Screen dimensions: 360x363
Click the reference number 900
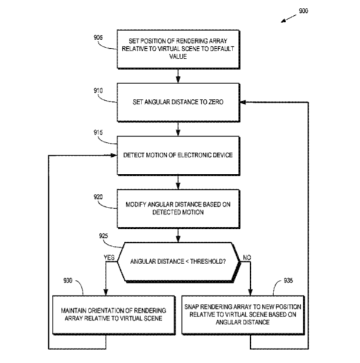point(303,11)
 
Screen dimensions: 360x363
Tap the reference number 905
point(98,37)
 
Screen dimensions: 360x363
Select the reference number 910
point(98,91)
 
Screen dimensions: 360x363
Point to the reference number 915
point(98,132)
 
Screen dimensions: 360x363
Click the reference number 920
point(98,197)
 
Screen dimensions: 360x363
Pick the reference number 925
point(104,236)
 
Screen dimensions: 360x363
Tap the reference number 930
point(68,281)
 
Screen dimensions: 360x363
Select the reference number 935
point(288,281)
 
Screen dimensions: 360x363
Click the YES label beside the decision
point(109,257)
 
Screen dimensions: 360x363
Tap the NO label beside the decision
point(247,257)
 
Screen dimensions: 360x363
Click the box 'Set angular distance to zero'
point(178,102)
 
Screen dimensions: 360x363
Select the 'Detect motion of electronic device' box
point(178,156)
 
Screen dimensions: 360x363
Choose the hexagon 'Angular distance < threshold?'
point(179,262)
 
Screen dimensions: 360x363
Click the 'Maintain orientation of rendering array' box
point(113,315)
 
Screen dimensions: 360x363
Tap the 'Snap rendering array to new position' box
point(243,315)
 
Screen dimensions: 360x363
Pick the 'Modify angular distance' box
point(178,209)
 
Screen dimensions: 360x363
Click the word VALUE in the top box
point(178,57)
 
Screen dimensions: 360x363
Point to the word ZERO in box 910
point(216,102)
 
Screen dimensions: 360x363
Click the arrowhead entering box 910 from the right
point(243,102)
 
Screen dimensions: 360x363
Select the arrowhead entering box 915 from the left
point(113,156)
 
